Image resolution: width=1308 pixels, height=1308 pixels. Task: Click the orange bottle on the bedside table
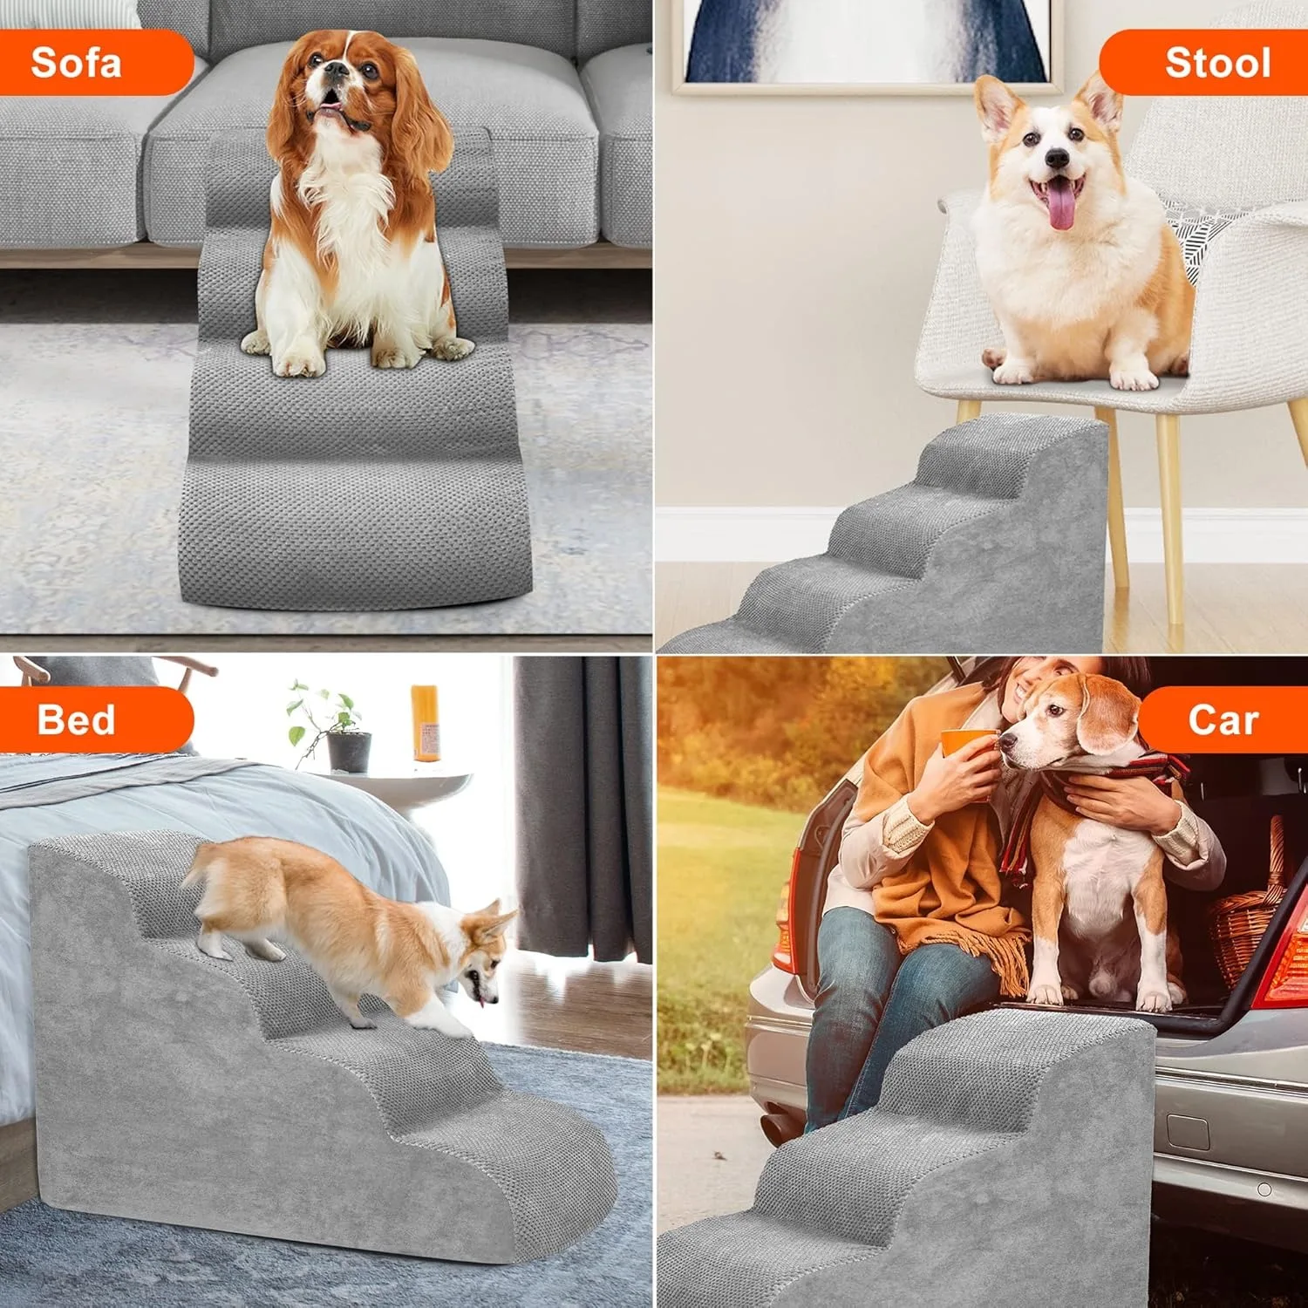[425, 723]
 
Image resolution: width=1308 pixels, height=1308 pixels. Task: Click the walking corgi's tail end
[194, 872]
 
